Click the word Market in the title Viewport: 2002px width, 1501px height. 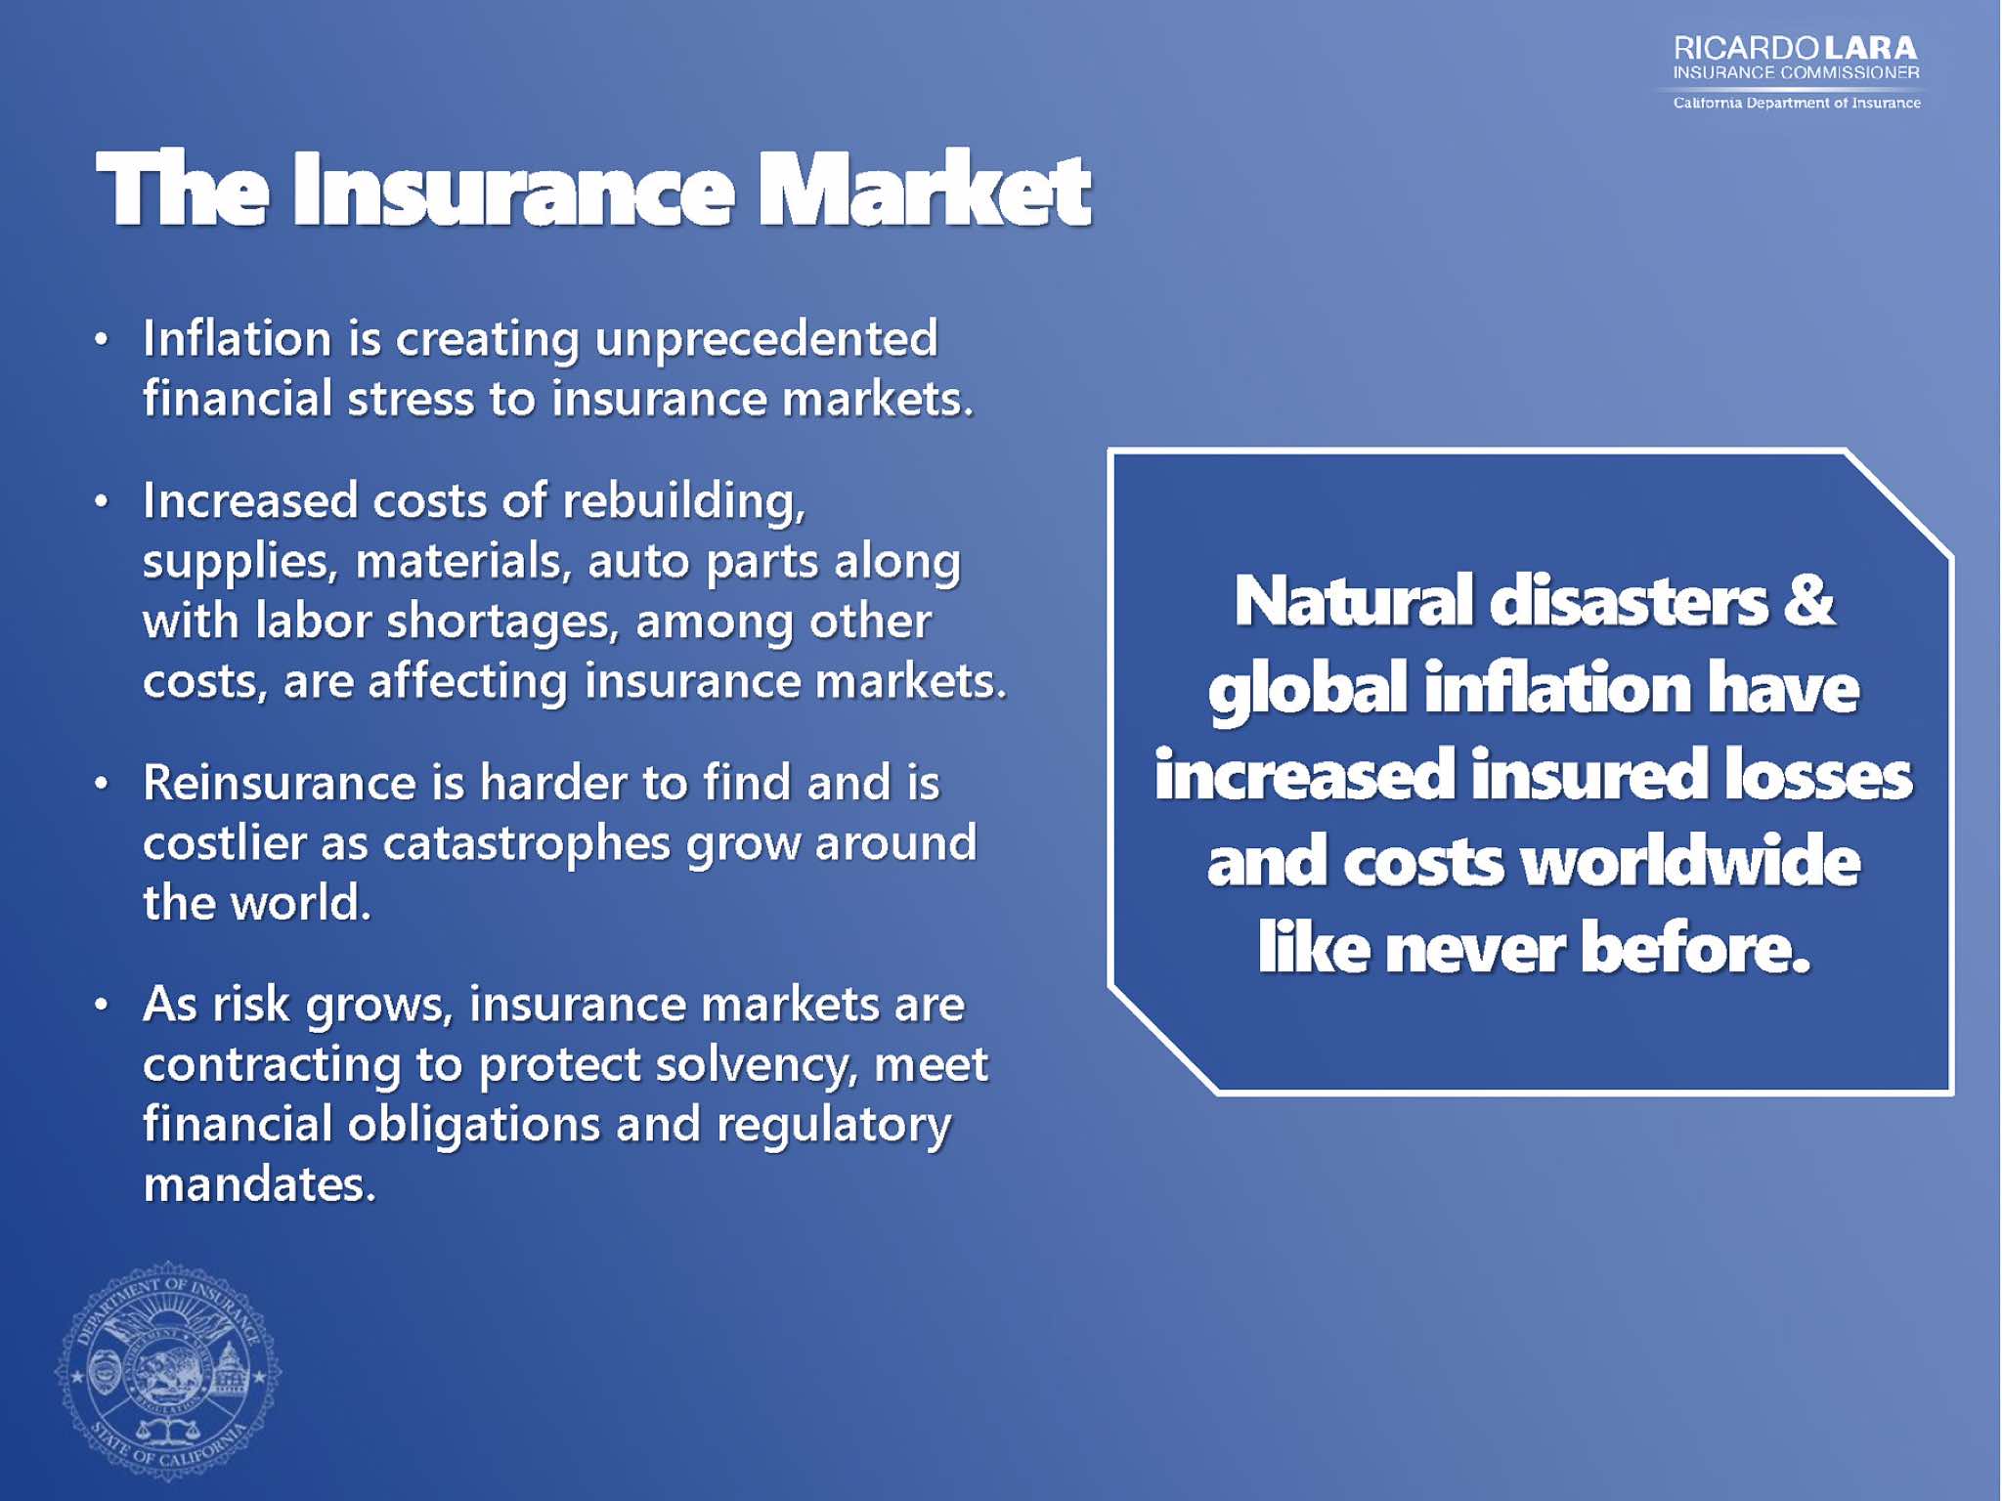pos(924,190)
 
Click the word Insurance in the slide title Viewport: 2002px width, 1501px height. pos(512,190)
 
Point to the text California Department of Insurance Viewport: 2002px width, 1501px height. pos(1797,103)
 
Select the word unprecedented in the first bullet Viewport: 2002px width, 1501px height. pos(766,341)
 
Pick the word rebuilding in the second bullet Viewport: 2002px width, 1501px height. pos(684,502)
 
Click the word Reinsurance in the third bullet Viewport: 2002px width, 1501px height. pos(281,783)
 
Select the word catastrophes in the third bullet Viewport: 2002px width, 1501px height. pos(527,845)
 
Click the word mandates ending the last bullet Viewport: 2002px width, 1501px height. pos(259,1184)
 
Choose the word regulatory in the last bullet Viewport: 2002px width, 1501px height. pos(834,1127)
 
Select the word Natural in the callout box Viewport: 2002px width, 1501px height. pos(1353,600)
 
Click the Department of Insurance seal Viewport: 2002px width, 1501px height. pos(168,1371)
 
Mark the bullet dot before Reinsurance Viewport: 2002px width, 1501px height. pos(101,784)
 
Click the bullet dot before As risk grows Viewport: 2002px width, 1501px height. pos(101,1005)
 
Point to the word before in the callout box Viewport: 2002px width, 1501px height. pos(1695,948)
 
